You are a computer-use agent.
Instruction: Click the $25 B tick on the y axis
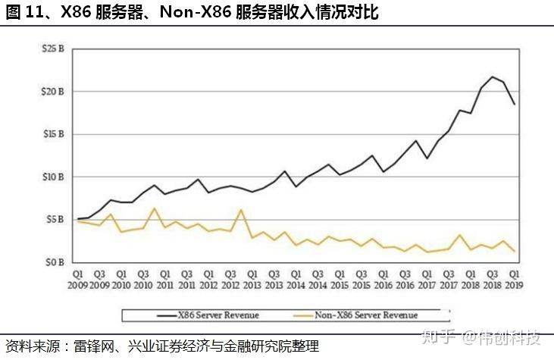click(53, 49)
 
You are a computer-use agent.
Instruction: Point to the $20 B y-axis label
click(53, 92)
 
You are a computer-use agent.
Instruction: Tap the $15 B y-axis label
click(53, 134)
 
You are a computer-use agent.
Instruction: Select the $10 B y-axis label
click(53, 177)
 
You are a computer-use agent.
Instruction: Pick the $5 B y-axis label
click(55, 220)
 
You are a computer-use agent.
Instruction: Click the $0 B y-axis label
click(55, 262)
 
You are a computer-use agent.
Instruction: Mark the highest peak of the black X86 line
click(493, 77)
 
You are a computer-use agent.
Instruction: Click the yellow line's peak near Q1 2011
click(155, 208)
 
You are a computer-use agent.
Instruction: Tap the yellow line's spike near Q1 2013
click(242, 210)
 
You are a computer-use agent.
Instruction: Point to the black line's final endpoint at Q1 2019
click(515, 104)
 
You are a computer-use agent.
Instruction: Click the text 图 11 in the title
click(20, 13)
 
